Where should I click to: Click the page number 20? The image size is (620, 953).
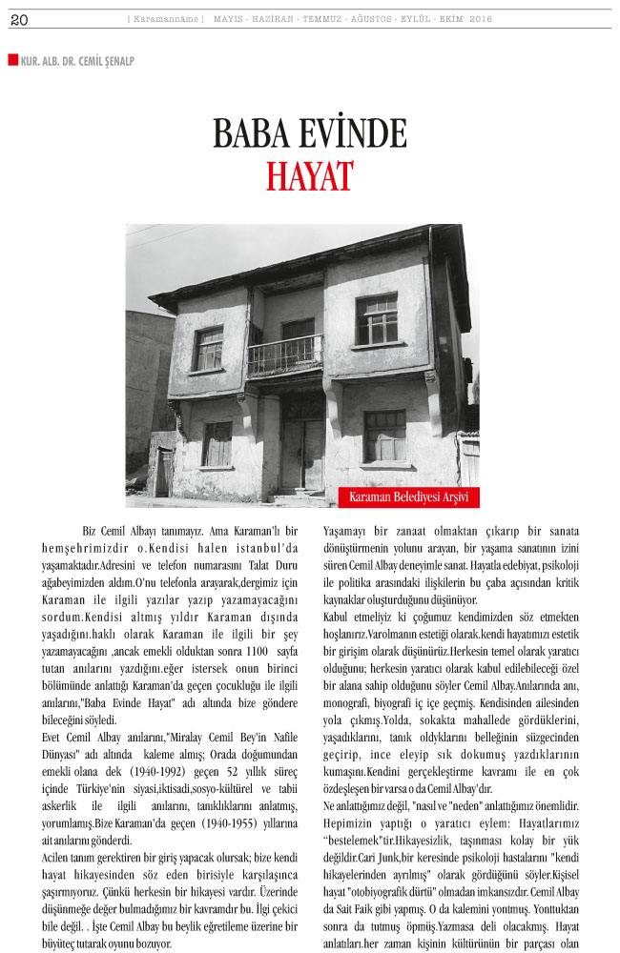coord(19,20)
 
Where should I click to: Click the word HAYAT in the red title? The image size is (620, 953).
coord(309,176)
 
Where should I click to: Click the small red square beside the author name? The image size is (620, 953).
coord(12,59)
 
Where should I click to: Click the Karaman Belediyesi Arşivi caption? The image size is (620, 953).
coord(409,497)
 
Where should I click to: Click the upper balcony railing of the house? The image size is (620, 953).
coord(284,355)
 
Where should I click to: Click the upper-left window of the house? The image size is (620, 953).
coord(208,349)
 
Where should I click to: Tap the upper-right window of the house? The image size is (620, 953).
coord(377,319)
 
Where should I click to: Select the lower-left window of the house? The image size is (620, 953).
coord(217,443)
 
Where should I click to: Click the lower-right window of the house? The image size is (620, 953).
coord(384,436)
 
